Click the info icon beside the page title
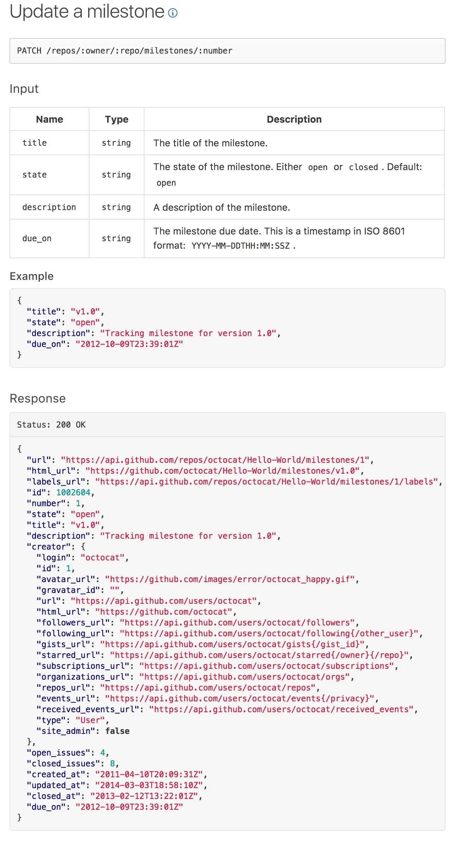pyautogui.click(x=173, y=13)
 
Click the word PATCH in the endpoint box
pyautogui.click(x=29, y=51)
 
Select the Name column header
pyautogui.click(x=50, y=119)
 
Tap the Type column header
pyautogui.click(x=117, y=119)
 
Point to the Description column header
pyautogui.click(x=294, y=119)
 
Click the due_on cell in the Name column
pyautogui.click(x=37, y=239)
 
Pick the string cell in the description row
pyautogui.click(x=116, y=207)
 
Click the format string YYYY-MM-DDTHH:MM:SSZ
pyautogui.click(x=240, y=246)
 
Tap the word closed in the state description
pyautogui.click(x=363, y=167)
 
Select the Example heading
pyautogui.click(x=32, y=276)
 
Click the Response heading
pyautogui.click(x=38, y=398)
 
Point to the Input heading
pyautogui.click(x=24, y=89)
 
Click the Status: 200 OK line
pyautogui.click(x=51, y=425)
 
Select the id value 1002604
pyautogui.click(x=73, y=493)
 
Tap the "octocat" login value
pyautogui.click(x=102, y=558)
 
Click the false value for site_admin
pyautogui.click(x=117, y=731)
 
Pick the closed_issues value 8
pyautogui.click(x=112, y=764)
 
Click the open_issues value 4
pyautogui.click(x=102, y=753)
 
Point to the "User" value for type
pyautogui.click(x=90, y=720)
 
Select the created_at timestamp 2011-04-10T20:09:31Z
pyautogui.click(x=149, y=775)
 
